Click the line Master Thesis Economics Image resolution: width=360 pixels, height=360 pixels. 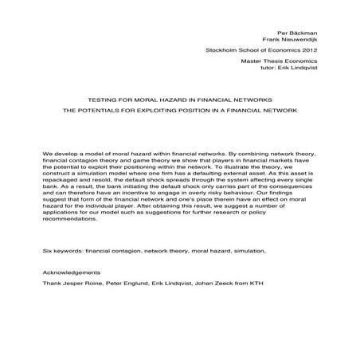coord(301,61)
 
